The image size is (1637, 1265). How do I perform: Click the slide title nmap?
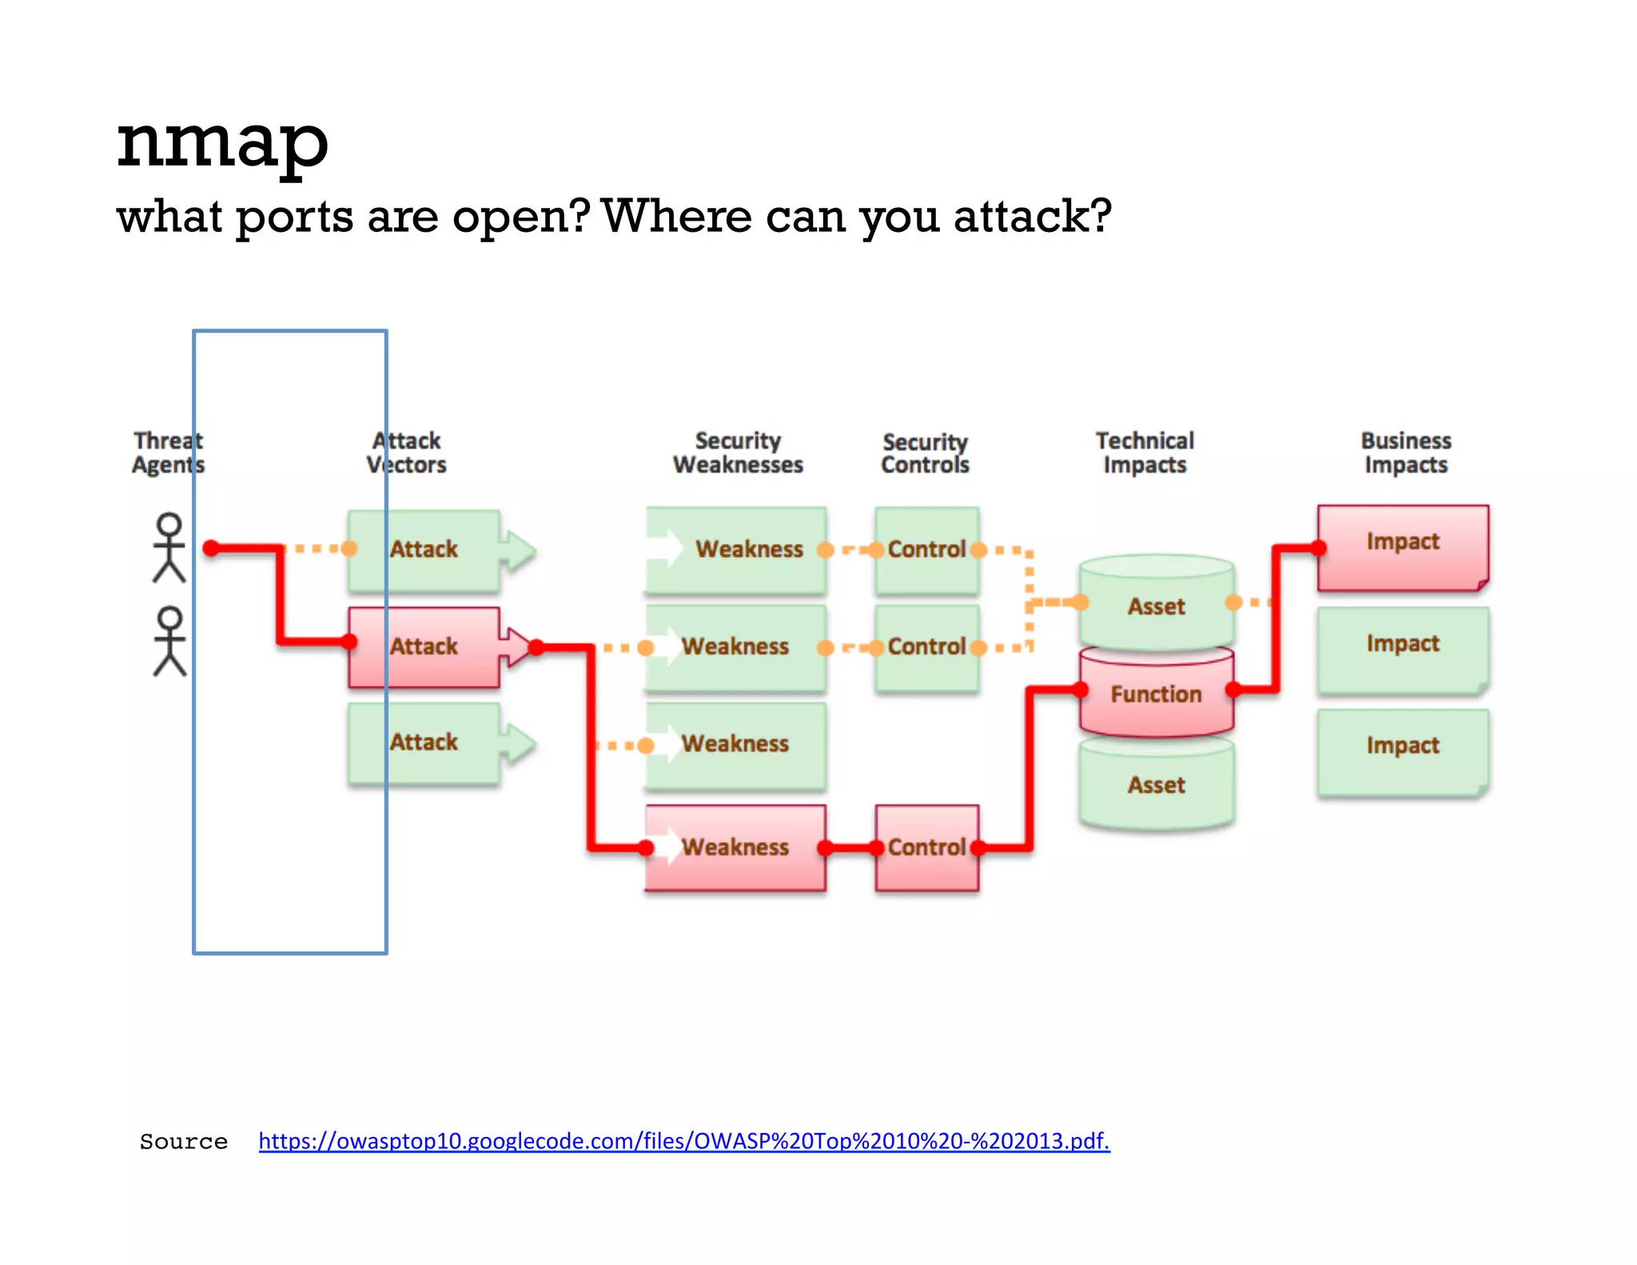click(x=222, y=142)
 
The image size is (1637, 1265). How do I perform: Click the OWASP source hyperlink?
click(x=683, y=1140)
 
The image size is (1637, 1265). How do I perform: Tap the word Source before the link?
click(x=183, y=1141)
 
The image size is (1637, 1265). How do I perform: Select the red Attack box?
click(x=424, y=647)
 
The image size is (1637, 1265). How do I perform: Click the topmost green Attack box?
click(x=424, y=550)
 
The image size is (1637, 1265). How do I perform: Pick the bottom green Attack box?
click(x=424, y=743)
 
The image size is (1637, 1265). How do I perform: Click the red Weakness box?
click(x=735, y=848)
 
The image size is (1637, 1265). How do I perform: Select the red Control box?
click(x=926, y=848)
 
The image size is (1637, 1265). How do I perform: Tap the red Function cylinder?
click(x=1156, y=693)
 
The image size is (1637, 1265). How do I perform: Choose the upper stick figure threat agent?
click(x=169, y=548)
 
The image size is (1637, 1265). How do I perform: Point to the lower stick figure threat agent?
click(x=169, y=641)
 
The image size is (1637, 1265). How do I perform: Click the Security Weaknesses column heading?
click(x=738, y=453)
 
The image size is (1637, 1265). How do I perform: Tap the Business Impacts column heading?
click(x=1406, y=453)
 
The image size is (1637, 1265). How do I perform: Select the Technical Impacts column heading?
click(x=1145, y=453)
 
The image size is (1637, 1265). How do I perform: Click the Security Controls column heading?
click(x=925, y=453)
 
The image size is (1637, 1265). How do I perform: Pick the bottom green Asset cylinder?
click(x=1156, y=785)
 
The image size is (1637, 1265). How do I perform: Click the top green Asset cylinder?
click(x=1156, y=605)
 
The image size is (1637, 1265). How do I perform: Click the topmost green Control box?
click(x=926, y=550)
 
